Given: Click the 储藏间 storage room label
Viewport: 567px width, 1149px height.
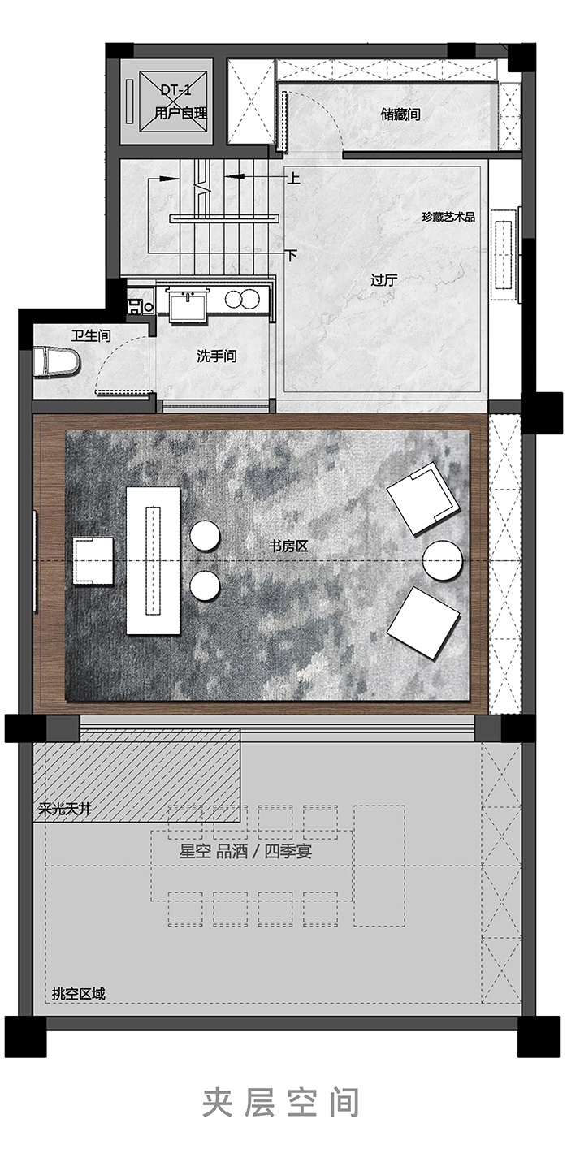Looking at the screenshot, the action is coord(400,114).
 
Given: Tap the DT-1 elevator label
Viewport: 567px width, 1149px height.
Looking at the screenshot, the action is coord(175,91).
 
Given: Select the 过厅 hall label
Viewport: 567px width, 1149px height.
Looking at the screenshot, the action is coord(384,281).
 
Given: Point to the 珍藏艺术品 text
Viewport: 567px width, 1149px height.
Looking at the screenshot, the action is coord(448,217).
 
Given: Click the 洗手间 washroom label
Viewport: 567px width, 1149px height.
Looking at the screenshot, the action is coord(217,356).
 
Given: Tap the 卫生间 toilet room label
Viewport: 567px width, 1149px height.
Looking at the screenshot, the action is coord(91,336).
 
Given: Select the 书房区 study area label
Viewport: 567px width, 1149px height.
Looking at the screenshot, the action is coord(288,546).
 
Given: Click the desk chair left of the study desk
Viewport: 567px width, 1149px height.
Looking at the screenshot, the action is coord(93,560).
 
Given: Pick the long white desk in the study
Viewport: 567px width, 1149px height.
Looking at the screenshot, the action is coord(154,560).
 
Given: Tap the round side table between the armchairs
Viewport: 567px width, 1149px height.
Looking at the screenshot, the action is coord(443,560).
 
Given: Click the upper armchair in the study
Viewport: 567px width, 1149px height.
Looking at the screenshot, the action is coord(422,499).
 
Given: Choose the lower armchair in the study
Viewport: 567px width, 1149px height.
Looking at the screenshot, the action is coord(423,624).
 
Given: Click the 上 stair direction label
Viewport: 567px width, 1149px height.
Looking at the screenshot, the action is coord(293,178).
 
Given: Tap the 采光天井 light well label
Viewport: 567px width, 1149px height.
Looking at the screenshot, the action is coord(65,810).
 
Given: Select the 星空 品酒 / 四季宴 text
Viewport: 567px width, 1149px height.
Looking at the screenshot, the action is coord(245,852).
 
